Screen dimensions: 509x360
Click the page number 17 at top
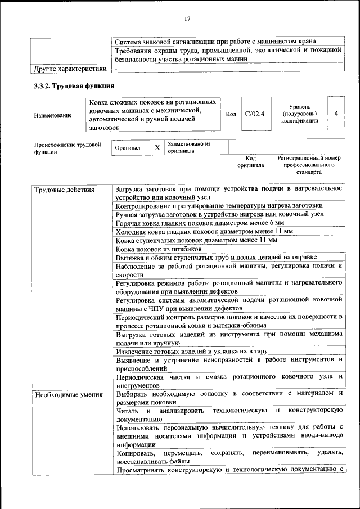187,19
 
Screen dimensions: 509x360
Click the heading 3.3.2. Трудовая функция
74,86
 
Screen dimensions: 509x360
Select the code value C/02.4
255,114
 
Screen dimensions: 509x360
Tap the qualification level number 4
336,114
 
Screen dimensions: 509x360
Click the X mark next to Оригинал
157,147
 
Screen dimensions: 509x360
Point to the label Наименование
53,115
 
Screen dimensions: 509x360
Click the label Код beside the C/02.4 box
231,114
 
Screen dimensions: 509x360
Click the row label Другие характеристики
70,69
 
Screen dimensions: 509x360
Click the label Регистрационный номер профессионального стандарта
309,165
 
